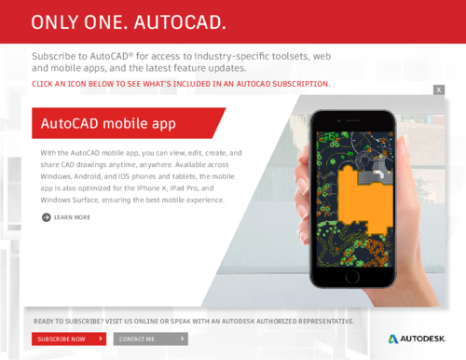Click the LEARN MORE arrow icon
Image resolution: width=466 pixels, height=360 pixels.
pos(46,217)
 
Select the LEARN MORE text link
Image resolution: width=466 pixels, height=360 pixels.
pos(72,217)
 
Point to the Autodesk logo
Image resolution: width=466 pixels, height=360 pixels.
pos(417,338)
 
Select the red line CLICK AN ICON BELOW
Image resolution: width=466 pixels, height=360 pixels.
pos(181,83)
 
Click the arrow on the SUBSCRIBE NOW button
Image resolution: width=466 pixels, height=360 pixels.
pos(102,339)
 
